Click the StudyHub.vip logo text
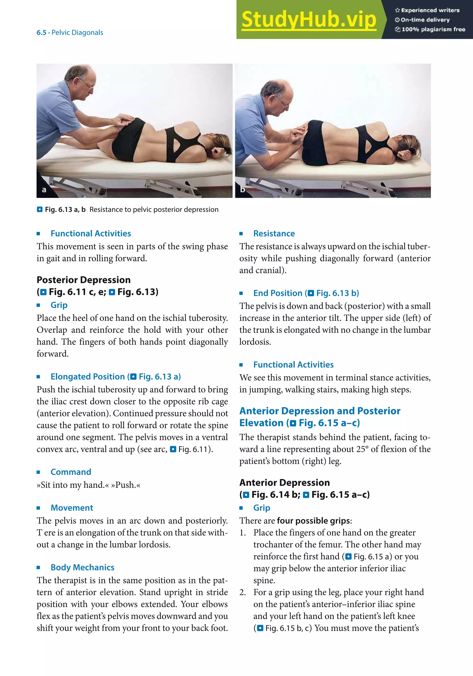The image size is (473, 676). tap(309, 20)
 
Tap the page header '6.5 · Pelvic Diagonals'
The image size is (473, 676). tap(70, 32)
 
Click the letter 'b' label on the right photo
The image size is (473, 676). tap(242, 190)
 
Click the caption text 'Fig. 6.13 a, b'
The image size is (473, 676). tap(65, 210)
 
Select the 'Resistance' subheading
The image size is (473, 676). tap(274, 233)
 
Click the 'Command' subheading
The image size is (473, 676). tap(71, 472)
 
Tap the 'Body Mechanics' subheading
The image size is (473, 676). tap(82, 567)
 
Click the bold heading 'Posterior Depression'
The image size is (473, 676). tap(84, 280)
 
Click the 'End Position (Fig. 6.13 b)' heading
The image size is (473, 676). tap(306, 293)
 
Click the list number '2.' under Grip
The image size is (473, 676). tap(243, 592)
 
